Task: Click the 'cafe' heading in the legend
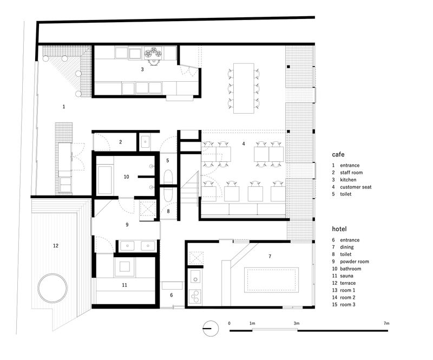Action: (x=339, y=154)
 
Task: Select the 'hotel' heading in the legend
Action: (x=340, y=229)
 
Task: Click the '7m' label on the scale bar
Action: (x=385, y=323)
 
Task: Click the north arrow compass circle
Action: (x=211, y=328)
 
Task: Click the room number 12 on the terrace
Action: (x=55, y=246)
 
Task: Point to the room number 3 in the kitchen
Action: (x=142, y=69)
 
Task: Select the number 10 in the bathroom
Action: (x=126, y=176)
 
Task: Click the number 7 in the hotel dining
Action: (x=269, y=256)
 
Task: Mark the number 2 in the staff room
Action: (x=120, y=142)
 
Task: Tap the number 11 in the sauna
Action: (x=124, y=285)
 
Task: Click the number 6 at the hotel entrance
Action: (x=172, y=295)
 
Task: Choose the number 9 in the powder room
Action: (x=127, y=224)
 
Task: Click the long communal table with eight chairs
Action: (x=244, y=88)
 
